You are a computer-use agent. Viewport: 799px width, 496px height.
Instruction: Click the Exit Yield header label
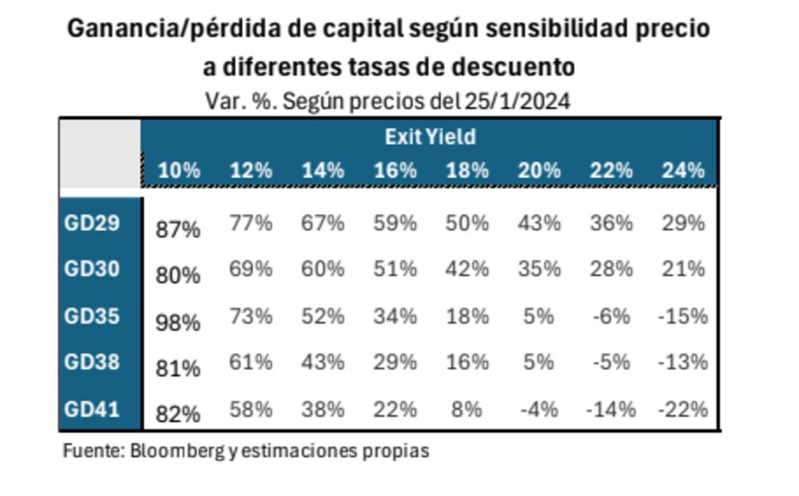pos(430,137)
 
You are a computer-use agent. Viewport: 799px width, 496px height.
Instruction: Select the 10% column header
pos(179,170)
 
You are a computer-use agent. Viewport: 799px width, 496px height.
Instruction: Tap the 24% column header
pos(683,170)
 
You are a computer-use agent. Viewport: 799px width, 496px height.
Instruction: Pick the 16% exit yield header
pos(395,170)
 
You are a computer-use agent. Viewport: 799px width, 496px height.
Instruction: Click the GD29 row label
pos(92,223)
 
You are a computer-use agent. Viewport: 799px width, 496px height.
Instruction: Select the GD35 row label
pos(92,316)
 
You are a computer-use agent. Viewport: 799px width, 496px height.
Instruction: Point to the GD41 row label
pos(92,410)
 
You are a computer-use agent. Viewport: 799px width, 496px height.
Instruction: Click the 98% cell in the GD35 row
pos(178,323)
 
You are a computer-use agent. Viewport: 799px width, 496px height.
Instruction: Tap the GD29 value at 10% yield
pos(178,230)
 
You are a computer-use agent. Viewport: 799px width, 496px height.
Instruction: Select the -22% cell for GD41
pos(683,410)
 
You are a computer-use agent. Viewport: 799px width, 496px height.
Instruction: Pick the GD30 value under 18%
pos(467,269)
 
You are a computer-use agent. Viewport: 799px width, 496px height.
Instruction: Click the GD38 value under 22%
pos(611,363)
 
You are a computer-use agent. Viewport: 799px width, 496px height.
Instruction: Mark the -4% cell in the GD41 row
pos(539,410)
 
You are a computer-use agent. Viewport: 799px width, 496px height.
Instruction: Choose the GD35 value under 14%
pos(323,316)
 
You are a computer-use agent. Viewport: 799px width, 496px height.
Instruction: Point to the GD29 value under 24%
pos(683,223)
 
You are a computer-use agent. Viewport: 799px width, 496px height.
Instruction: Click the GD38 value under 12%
pos(251,363)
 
